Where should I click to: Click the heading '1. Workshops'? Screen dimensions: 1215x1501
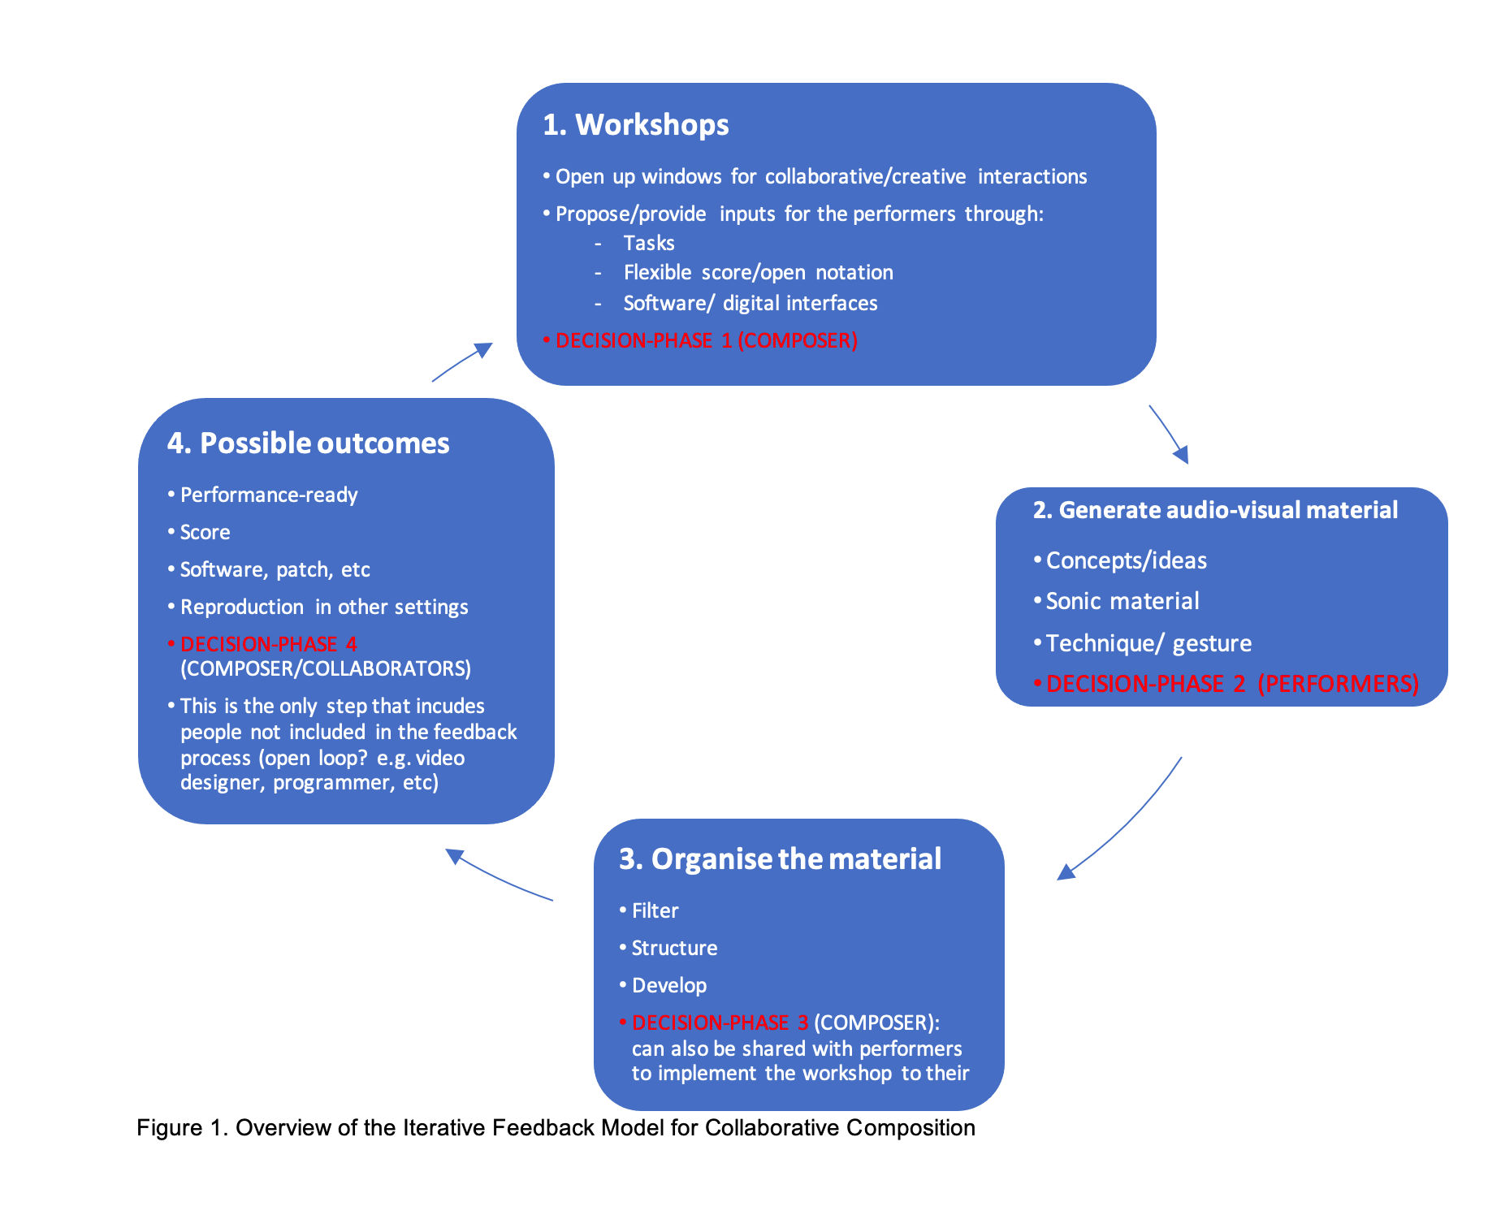click(636, 125)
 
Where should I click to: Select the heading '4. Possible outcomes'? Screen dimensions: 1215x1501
click(308, 443)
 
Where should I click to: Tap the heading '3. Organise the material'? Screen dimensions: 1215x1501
click(780, 859)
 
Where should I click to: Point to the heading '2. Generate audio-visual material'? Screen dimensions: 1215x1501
click(1215, 510)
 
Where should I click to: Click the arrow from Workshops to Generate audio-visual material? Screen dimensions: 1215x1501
click(1169, 435)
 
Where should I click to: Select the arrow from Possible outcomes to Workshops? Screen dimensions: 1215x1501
click(462, 361)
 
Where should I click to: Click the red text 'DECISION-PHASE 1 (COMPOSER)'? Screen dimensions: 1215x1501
click(706, 340)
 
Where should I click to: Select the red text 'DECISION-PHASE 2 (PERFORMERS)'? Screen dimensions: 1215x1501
click(1231, 684)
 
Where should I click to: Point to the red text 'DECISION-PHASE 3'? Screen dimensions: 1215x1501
click(720, 1023)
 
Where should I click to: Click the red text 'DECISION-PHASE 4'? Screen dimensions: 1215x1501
click(268, 644)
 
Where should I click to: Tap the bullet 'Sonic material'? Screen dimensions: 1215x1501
click(1122, 601)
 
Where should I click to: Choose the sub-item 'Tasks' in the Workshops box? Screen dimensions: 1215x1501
click(648, 243)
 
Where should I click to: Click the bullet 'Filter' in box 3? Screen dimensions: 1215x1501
click(655, 911)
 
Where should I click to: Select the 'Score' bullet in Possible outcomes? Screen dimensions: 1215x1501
click(205, 533)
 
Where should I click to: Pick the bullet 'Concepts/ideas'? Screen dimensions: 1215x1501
click(1126, 560)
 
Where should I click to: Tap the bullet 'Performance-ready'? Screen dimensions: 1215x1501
click(268, 495)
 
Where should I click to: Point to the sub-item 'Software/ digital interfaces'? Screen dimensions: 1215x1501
click(750, 303)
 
